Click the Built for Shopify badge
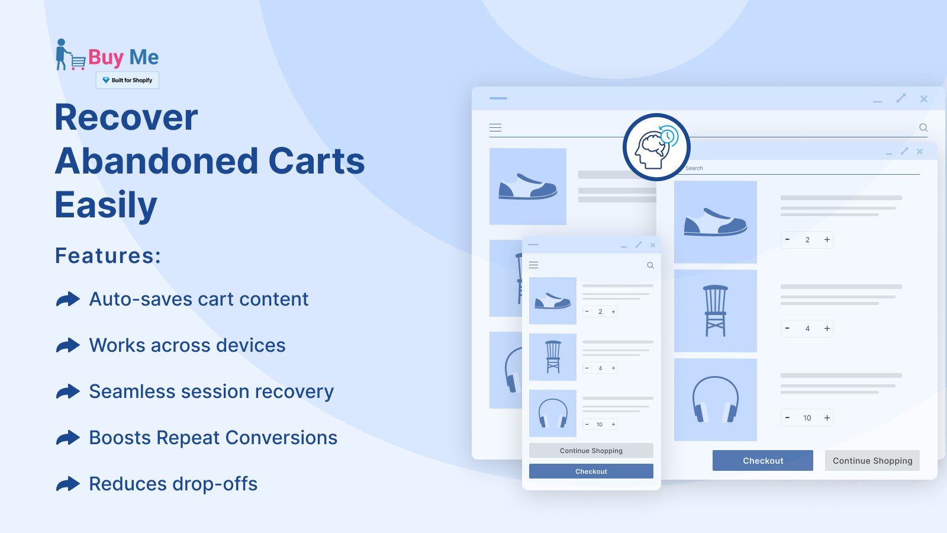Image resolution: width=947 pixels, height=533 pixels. pos(127,80)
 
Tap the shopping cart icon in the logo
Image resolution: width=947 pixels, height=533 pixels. pos(78,62)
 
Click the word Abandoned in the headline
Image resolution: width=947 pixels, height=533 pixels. pos(156,161)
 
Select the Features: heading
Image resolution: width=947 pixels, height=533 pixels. pos(108,255)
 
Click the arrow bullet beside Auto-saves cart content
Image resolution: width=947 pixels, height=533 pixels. pos(67,299)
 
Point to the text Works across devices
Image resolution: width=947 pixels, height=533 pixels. pos(187,345)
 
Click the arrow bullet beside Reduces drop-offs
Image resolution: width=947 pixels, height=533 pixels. pos(67,484)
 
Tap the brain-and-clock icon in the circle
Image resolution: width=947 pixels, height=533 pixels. pos(656,147)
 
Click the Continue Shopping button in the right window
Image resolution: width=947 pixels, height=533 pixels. pos(872,461)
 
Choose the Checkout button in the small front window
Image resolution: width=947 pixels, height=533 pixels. pos(591,471)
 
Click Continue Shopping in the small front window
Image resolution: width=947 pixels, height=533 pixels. pos(591,451)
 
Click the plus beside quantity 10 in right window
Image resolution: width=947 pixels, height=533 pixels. pos(827,418)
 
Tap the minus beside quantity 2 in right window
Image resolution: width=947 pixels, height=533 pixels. pos(787,239)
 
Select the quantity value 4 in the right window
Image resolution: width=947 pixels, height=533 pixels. pos(807,329)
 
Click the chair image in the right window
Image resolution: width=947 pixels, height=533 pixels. pos(716,311)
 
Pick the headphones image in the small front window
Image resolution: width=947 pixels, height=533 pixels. pos(553,413)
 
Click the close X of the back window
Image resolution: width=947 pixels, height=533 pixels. pos(924,99)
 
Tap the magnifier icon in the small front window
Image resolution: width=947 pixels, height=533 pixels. pos(650,265)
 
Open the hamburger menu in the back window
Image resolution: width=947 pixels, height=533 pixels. pos(495,128)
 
